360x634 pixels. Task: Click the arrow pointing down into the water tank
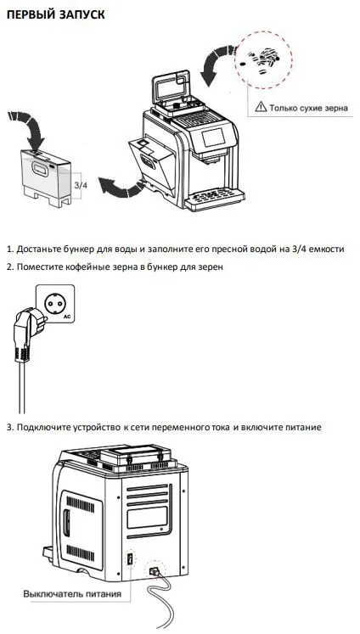(x=33, y=128)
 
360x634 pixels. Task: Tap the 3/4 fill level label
(x=81, y=184)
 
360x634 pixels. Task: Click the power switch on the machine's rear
(x=130, y=561)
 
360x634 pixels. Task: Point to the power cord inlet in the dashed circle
(x=155, y=571)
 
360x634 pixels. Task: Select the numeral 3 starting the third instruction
(x=9, y=426)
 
